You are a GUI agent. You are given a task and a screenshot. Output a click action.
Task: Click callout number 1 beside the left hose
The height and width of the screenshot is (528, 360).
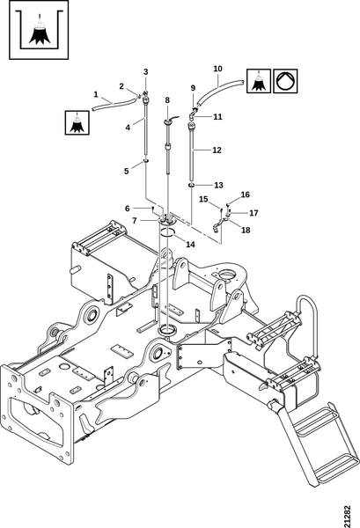[x=96, y=95]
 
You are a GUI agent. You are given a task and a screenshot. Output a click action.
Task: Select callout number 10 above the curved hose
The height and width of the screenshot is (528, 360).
[x=218, y=69]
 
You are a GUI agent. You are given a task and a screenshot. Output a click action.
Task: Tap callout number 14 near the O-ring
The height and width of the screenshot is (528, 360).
[x=191, y=244]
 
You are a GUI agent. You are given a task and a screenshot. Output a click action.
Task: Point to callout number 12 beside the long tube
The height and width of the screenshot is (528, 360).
[x=217, y=150]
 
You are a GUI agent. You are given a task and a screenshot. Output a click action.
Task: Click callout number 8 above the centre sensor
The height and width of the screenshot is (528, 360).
[x=167, y=100]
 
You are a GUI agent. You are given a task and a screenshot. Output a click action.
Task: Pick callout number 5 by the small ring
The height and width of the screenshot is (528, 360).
[x=126, y=171]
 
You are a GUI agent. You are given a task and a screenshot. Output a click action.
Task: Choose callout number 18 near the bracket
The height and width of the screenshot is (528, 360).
[x=246, y=230]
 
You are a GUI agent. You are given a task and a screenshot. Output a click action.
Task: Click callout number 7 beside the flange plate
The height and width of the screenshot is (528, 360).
[x=135, y=221]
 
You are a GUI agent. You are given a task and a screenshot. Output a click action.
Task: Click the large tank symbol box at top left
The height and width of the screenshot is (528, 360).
[x=39, y=30]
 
